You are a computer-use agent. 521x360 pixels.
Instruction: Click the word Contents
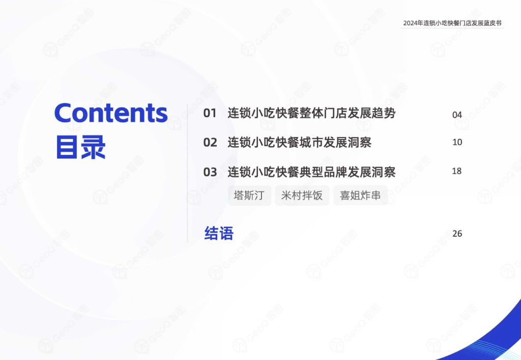click(x=111, y=113)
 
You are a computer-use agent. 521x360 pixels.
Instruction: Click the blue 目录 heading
click(x=81, y=147)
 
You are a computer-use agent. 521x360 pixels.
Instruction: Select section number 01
click(x=210, y=114)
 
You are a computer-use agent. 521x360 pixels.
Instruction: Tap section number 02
click(x=210, y=143)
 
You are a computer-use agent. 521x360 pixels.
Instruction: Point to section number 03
click(x=210, y=172)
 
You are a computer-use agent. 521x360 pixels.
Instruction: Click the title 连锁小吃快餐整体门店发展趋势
click(x=311, y=113)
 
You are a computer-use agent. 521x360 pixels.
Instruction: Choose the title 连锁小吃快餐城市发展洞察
click(x=299, y=142)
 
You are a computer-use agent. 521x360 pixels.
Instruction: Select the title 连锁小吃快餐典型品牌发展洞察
click(x=311, y=172)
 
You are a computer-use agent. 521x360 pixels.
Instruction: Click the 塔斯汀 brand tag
click(x=249, y=195)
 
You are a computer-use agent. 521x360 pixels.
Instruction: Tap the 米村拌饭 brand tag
click(x=302, y=195)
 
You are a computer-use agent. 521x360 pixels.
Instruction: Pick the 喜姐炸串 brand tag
click(x=361, y=195)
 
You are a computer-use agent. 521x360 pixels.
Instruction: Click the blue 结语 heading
click(x=219, y=233)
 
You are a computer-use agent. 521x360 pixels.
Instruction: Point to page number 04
click(x=457, y=115)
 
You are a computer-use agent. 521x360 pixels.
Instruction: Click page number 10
click(x=457, y=142)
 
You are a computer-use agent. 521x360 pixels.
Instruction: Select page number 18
click(x=457, y=171)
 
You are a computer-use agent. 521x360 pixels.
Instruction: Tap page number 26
click(x=457, y=234)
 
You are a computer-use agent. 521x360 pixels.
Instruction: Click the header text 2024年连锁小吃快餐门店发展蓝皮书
click(x=452, y=23)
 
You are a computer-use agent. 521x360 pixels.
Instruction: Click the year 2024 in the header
click(x=411, y=23)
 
